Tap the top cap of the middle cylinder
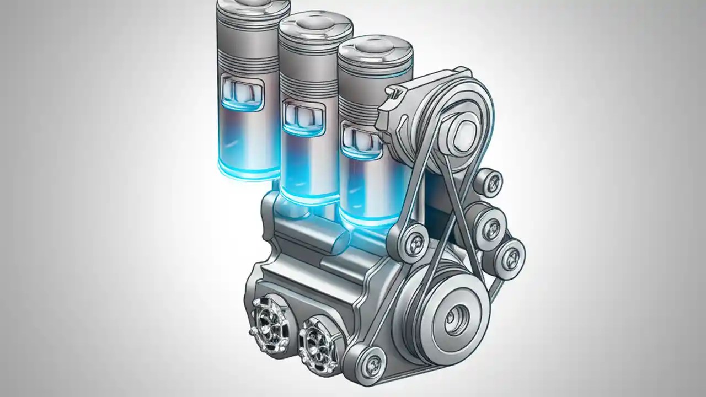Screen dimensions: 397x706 click(315, 23)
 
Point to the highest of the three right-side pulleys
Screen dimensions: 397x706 click(489, 183)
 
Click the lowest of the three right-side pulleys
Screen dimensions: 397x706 click(508, 255)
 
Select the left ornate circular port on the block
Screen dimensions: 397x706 click(269, 320)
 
